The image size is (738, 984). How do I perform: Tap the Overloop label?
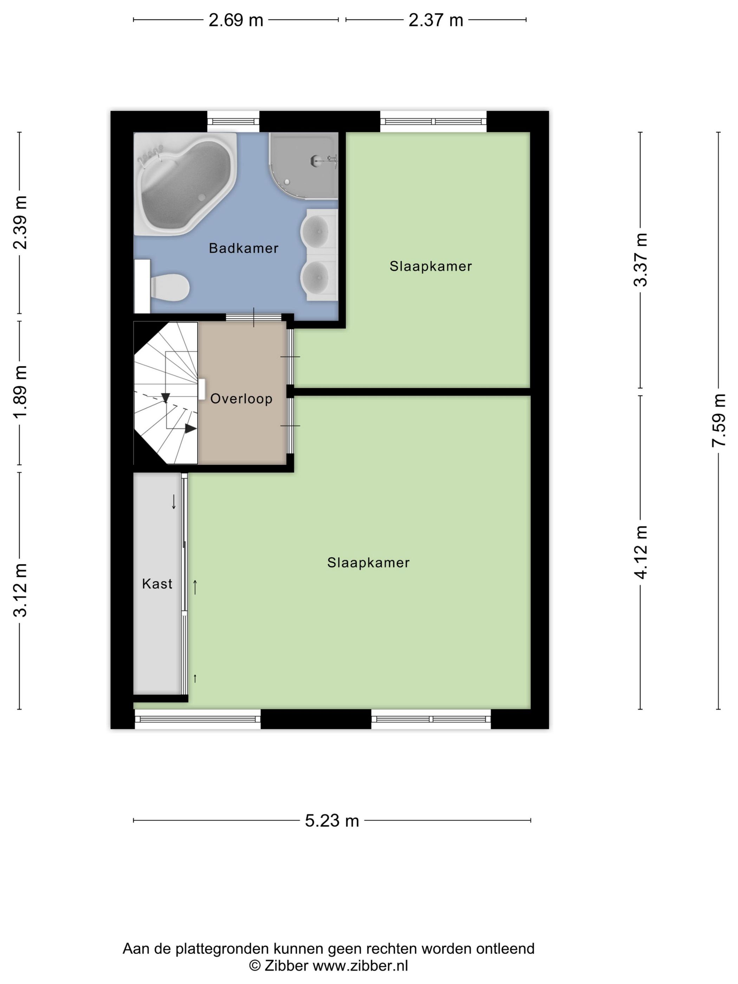click(x=241, y=399)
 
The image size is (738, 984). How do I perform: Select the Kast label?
click(x=157, y=584)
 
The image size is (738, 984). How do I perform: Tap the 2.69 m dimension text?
click(x=236, y=20)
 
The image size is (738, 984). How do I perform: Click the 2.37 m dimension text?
click(x=436, y=20)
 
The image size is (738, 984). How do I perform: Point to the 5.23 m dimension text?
click(x=332, y=821)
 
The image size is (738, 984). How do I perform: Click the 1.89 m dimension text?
click(x=20, y=392)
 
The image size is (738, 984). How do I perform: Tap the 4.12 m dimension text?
click(x=641, y=552)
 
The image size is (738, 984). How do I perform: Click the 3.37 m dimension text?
click(x=641, y=260)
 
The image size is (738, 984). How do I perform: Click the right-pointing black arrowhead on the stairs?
click(x=190, y=429)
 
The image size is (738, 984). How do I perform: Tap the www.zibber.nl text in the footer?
click(x=360, y=966)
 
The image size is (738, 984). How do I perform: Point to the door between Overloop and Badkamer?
click(x=254, y=317)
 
